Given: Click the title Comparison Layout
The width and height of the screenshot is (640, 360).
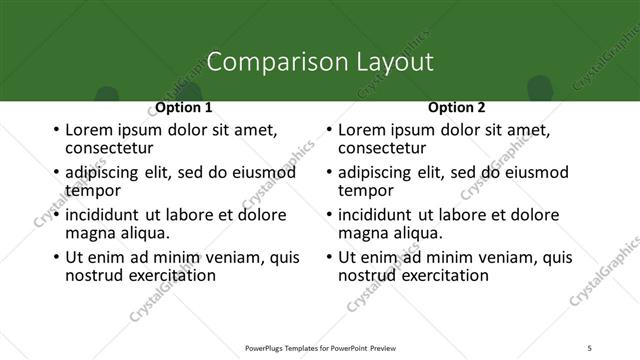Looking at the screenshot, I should [319, 62].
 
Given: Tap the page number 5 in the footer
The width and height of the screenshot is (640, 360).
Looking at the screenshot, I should [590, 347].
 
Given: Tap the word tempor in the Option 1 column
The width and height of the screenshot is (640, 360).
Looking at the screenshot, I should [93, 190].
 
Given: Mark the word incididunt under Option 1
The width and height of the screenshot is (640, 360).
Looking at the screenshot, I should [103, 215].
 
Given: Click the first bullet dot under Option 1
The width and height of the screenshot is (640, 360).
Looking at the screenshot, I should [55, 131].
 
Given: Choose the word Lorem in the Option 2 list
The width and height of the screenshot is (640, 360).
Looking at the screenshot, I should [362, 130].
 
